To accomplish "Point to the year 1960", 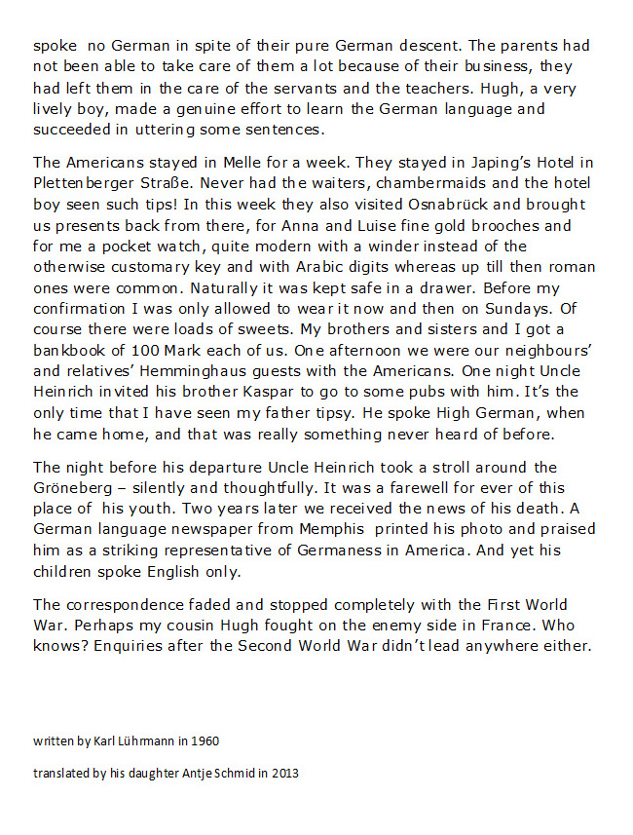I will click(x=205, y=740).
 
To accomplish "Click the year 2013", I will click(x=283, y=773).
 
